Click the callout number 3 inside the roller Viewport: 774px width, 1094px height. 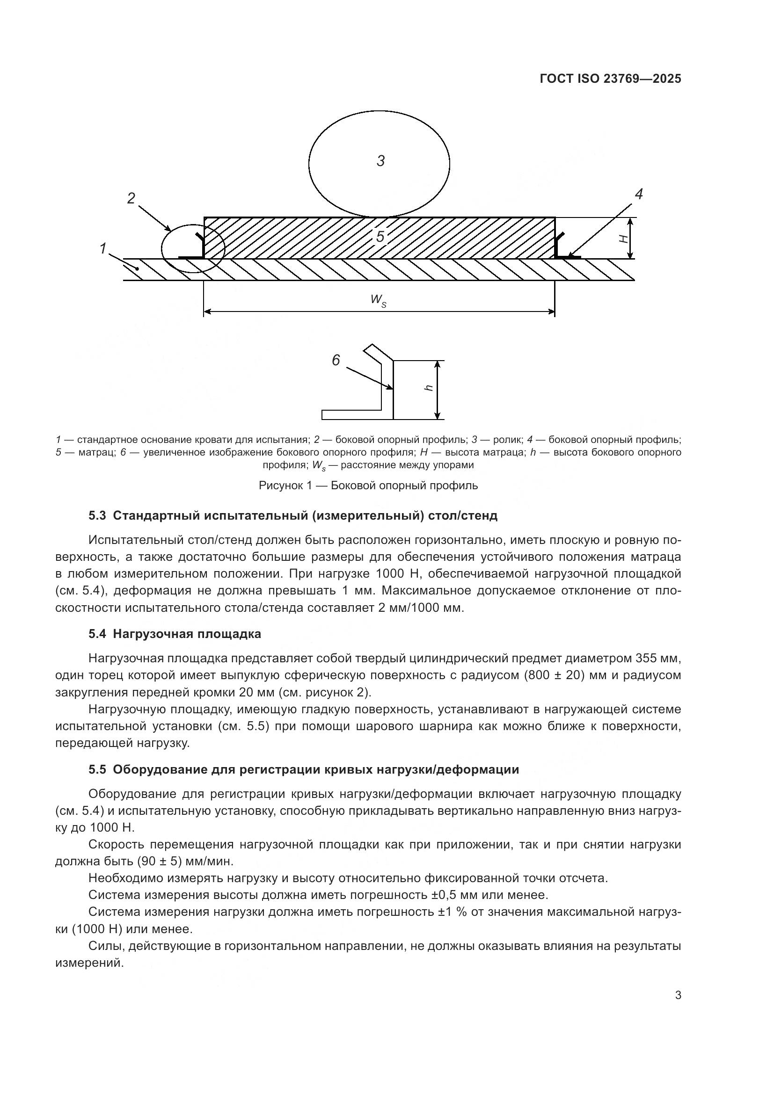coord(380,161)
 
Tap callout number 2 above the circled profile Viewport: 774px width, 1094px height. coord(131,198)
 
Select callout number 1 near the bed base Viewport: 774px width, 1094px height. coord(102,248)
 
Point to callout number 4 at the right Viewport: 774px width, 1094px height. coord(639,194)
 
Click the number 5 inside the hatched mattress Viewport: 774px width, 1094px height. coord(380,236)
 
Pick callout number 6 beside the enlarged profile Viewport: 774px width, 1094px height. coord(336,361)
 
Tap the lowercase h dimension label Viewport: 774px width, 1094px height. coord(429,388)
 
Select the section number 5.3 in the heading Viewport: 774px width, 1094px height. coord(97,515)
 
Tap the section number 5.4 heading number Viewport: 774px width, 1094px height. coord(97,634)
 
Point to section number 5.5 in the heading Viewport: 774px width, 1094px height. coord(97,769)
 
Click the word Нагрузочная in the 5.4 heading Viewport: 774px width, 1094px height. coord(158,634)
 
